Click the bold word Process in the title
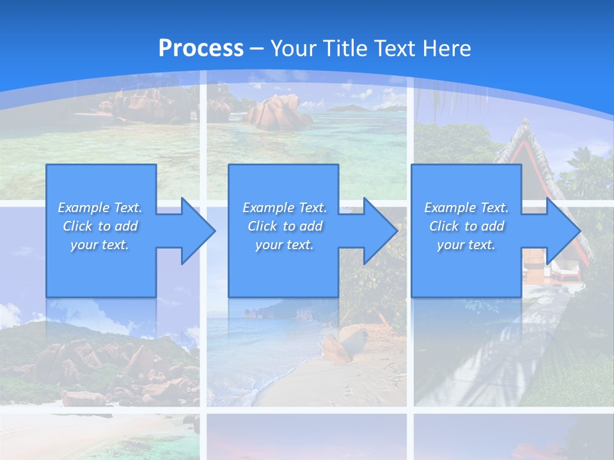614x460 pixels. point(201,48)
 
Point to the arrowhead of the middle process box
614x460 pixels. point(379,231)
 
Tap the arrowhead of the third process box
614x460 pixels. point(562,231)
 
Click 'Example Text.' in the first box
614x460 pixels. point(100,208)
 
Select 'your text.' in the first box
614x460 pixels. point(100,245)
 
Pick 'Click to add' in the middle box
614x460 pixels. point(285,226)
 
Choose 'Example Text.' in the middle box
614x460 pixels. point(285,208)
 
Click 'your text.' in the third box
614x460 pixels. point(466,245)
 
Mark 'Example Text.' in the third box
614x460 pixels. point(466,208)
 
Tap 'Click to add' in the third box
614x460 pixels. point(466,226)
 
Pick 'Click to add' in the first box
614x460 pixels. point(100,226)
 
